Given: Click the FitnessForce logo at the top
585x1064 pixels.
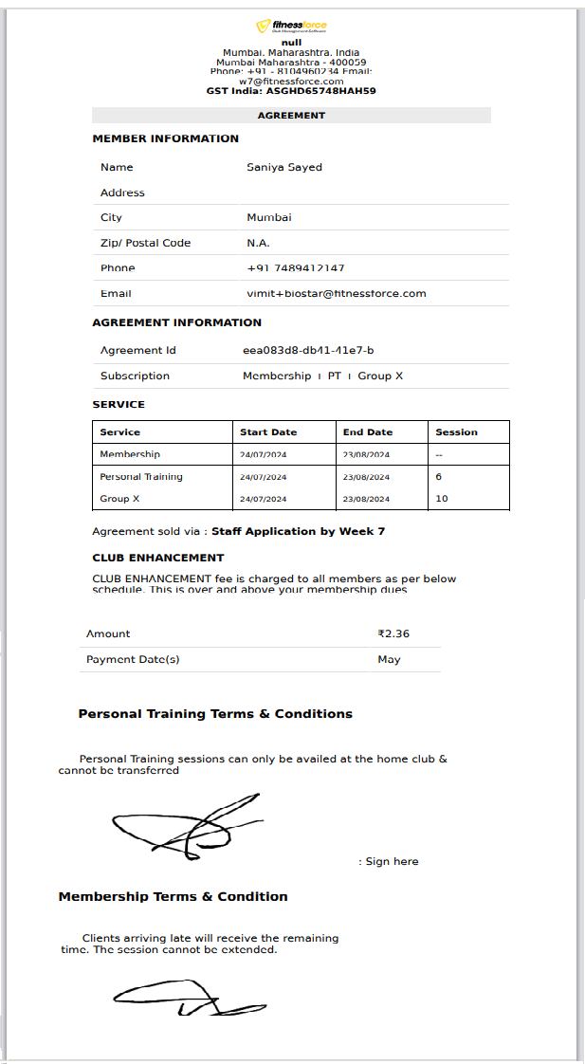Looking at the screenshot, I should pos(291,28).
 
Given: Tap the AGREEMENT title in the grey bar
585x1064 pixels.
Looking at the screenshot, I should pos(291,116).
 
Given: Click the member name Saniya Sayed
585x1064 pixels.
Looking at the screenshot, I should pos(284,167).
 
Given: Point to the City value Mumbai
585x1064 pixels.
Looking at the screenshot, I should pos(269,217).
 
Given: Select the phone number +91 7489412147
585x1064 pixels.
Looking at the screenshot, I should pos(296,268).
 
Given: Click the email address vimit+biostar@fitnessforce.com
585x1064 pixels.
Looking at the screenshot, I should pos(337,294).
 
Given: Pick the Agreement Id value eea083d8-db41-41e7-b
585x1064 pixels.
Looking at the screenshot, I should pos(308,351).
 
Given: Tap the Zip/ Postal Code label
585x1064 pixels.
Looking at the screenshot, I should pos(145,243).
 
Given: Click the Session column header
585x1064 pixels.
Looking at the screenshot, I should pos(456,432).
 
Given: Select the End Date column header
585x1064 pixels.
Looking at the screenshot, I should pos(367,432).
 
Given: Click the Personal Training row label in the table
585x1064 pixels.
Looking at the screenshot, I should pos(141,477).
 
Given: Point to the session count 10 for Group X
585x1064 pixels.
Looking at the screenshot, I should pos(442,499).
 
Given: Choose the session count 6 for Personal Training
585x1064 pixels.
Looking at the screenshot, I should pos(439,477).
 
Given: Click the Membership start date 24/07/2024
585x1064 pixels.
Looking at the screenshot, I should pos(264,455).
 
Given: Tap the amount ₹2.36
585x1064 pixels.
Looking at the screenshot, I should pos(393,633).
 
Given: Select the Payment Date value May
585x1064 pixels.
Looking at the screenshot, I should pos(389,659).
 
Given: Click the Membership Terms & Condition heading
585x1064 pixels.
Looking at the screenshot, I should pos(173,896).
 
